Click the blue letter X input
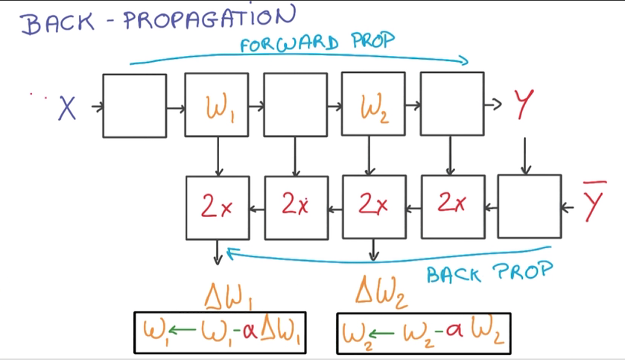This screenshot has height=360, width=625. tap(68, 110)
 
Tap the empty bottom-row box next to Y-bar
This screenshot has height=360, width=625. tap(529, 206)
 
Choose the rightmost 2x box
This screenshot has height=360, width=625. tap(451, 206)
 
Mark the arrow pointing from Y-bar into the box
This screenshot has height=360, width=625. tap(571, 206)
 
